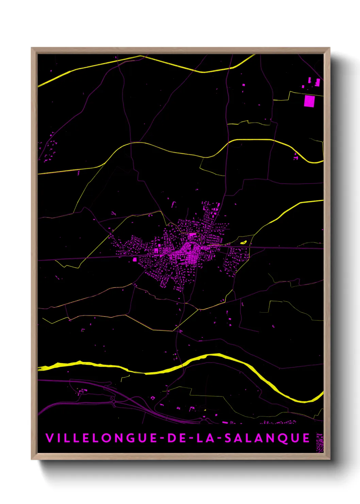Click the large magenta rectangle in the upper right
click(x=309, y=101)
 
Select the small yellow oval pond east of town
click(x=243, y=242)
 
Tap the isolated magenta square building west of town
click(x=134, y=259)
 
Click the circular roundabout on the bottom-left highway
click(x=113, y=402)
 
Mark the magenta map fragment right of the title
click(x=320, y=442)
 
